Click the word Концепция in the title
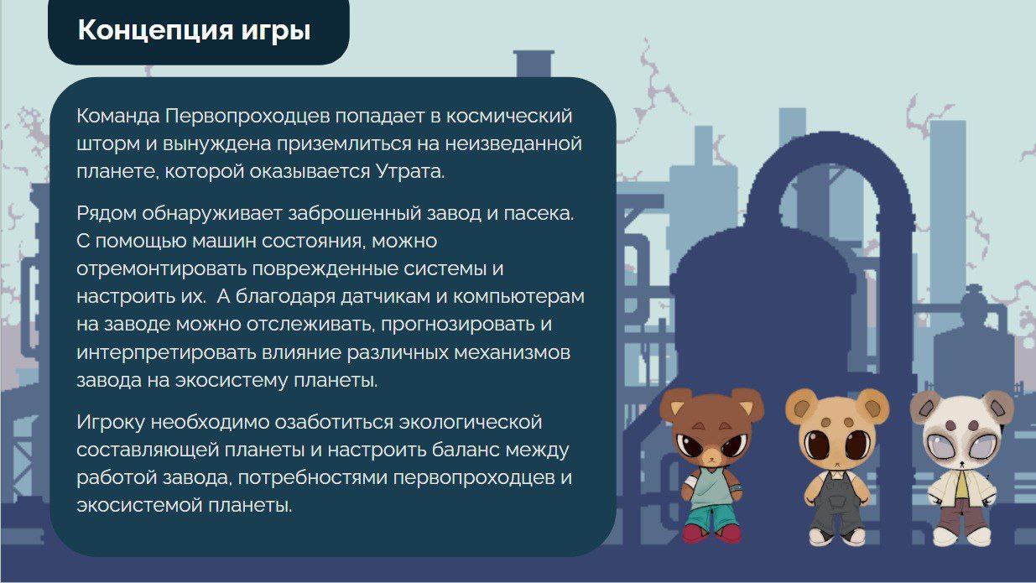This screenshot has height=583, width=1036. tap(155, 30)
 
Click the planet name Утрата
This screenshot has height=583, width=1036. tap(409, 171)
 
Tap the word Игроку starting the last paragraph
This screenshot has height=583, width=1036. tap(111, 423)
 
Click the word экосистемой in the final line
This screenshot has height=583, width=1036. tap(139, 505)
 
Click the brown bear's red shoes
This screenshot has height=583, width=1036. tap(711, 533)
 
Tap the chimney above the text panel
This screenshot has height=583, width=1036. tap(534, 64)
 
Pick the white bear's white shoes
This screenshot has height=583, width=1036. tap(961, 537)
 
